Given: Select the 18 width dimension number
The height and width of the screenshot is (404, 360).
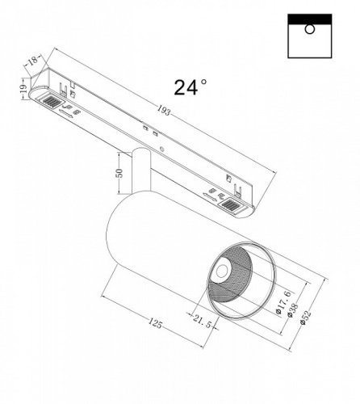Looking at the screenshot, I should pyautogui.click(x=33, y=60).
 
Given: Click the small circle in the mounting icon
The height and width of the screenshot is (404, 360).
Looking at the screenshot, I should pyautogui.click(x=309, y=30).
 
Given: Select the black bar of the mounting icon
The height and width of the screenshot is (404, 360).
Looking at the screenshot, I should pyautogui.click(x=308, y=18).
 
